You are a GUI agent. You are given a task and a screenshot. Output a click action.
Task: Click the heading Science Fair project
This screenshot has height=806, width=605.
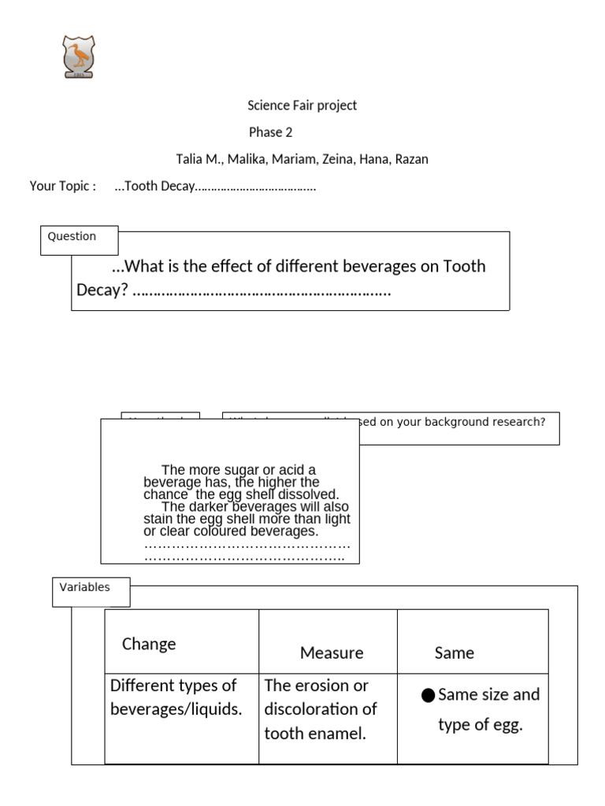[302, 105]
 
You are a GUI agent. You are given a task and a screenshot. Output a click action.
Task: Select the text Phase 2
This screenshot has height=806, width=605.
[270, 132]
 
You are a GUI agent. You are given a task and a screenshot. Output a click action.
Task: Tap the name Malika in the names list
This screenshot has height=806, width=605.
[247, 159]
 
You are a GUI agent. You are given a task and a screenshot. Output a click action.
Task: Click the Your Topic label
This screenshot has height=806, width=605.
[62, 187]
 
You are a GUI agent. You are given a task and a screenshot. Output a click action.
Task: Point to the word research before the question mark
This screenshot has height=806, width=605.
[513, 422]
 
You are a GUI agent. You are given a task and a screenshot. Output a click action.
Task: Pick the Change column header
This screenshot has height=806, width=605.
[149, 644]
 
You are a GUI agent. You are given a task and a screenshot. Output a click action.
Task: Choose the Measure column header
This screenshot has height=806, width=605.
[332, 653]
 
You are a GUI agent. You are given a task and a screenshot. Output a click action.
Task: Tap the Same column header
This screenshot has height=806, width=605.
[455, 653]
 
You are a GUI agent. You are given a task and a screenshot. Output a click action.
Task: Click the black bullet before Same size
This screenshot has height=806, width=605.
[429, 695]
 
